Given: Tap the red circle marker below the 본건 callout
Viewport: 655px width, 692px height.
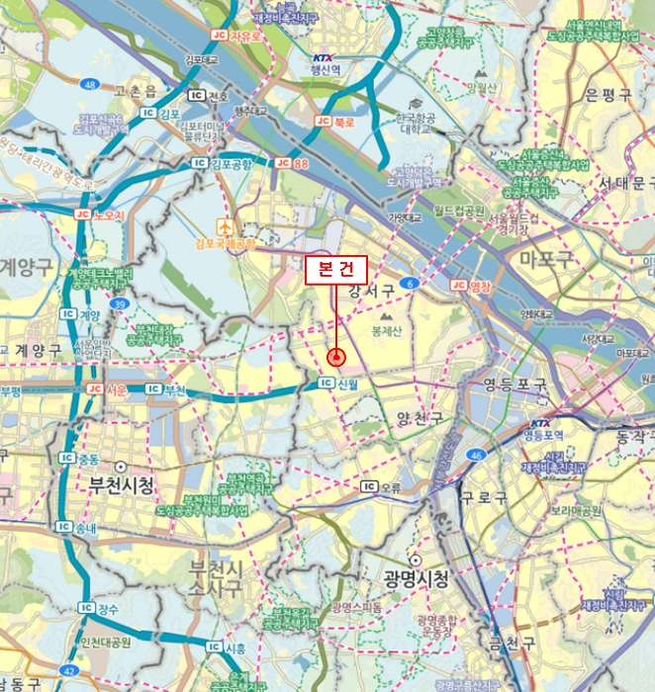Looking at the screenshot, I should pyautogui.click(x=335, y=357).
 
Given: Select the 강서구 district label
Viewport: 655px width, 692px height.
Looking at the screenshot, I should pyautogui.click(x=371, y=290).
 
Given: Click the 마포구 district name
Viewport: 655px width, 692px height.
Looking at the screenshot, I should pyautogui.click(x=547, y=259).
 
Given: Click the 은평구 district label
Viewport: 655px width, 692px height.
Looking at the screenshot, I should pyautogui.click(x=608, y=95).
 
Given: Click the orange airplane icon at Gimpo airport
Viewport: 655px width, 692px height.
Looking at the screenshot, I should pyautogui.click(x=225, y=226).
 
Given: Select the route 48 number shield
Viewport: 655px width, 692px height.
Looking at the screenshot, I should pyautogui.click(x=91, y=85).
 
